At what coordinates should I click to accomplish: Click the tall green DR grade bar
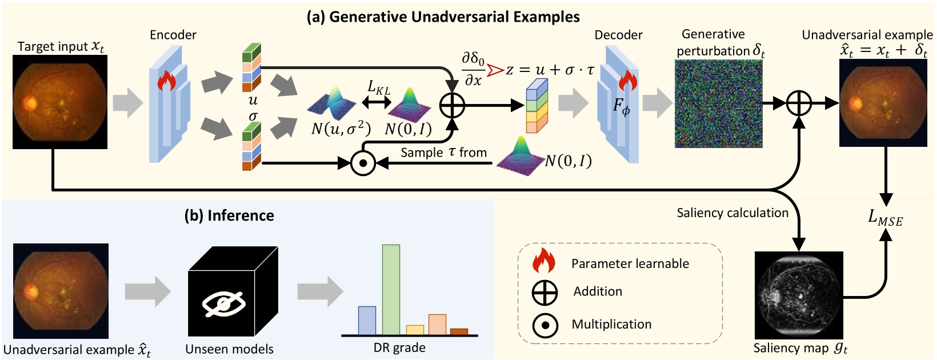tap(391, 290)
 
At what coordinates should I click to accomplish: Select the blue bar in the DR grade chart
tap(367, 321)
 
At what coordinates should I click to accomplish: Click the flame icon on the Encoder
tap(166, 81)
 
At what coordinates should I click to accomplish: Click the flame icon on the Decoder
tap(627, 81)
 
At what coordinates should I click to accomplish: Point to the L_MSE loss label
tap(885, 217)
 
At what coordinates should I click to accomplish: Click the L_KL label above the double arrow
tap(378, 87)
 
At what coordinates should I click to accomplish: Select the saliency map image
tap(799, 295)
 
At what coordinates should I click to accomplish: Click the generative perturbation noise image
tap(719, 104)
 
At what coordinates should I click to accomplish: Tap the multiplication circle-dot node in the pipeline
tap(362, 163)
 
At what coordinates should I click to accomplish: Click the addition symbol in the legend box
tap(544, 293)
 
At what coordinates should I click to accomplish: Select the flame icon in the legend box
tap(543, 261)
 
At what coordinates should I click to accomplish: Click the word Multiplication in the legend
tap(611, 325)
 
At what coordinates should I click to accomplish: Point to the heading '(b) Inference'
tap(229, 215)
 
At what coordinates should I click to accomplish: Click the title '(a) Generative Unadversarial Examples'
tap(443, 17)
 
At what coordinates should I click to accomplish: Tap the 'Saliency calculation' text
tap(732, 213)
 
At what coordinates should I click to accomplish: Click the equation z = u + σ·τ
tap(550, 70)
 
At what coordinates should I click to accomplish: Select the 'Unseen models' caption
tap(229, 349)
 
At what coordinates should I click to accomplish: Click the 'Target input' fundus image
tap(60, 102)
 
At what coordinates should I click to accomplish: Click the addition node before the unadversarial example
tap(799, 103)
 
